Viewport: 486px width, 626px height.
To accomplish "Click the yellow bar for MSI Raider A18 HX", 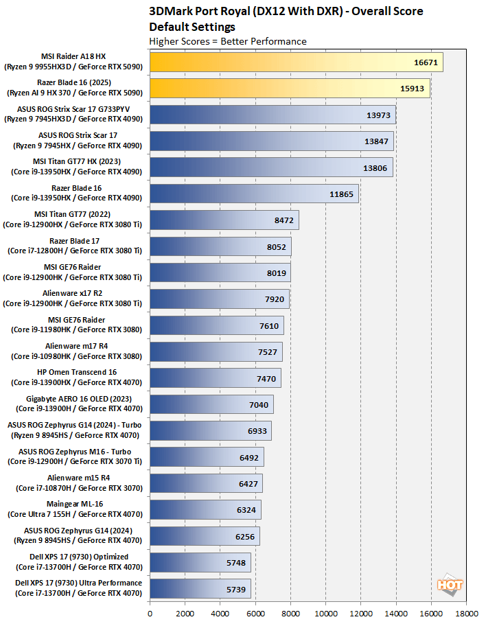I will (295, 62).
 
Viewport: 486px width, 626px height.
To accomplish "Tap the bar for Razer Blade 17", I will (220, 246).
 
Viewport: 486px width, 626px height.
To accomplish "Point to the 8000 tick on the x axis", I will (290, 607).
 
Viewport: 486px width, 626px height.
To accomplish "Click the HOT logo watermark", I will (450, 585).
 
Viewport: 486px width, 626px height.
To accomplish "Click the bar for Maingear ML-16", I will (205, 509).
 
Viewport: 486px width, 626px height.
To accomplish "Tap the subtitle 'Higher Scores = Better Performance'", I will (228, 41).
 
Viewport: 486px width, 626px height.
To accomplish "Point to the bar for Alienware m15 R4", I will (205, 483).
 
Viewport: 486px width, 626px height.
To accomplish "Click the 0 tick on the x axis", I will (150, 607).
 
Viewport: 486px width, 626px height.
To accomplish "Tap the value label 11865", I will (342, 194).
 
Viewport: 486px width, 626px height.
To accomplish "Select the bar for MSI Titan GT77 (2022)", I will (224, 220).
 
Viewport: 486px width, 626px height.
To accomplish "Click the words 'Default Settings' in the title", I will (192, 27).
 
